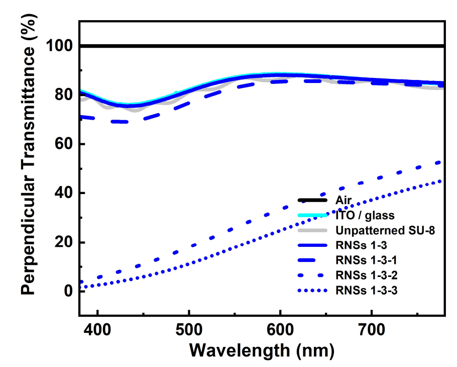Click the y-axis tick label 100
(59, 46)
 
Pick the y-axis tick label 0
(69, 291)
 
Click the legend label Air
(343, 201)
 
